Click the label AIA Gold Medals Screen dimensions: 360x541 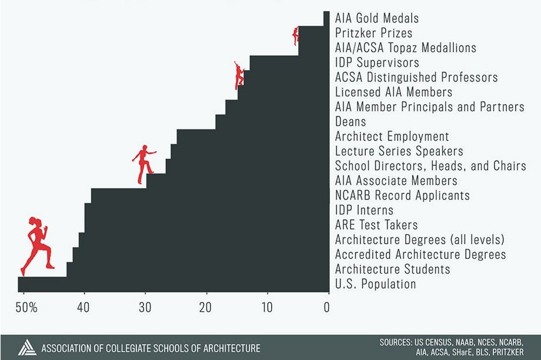coord(376,18)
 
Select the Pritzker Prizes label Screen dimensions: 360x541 coord(373,33)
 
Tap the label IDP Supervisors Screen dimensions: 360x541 coord(377,62)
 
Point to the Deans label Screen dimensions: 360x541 coord(350,122)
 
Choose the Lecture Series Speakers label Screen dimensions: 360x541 coord(399,151)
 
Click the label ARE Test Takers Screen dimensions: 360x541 coord(376,225)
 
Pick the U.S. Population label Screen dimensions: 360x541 coord(375,284)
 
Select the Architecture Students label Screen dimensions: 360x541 coord(392,269)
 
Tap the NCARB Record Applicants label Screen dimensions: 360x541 coord(402,195)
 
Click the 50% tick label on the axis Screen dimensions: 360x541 coord(26,307)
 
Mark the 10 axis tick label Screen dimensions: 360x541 coord(267,307)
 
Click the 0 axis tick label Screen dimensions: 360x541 coord(327,307)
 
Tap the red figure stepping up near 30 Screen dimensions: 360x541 coord(143,164)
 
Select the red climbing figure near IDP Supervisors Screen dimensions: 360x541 coord(239,75)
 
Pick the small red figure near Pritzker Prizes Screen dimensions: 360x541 coord(295,36)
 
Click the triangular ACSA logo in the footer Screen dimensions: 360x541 coord(26,347)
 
